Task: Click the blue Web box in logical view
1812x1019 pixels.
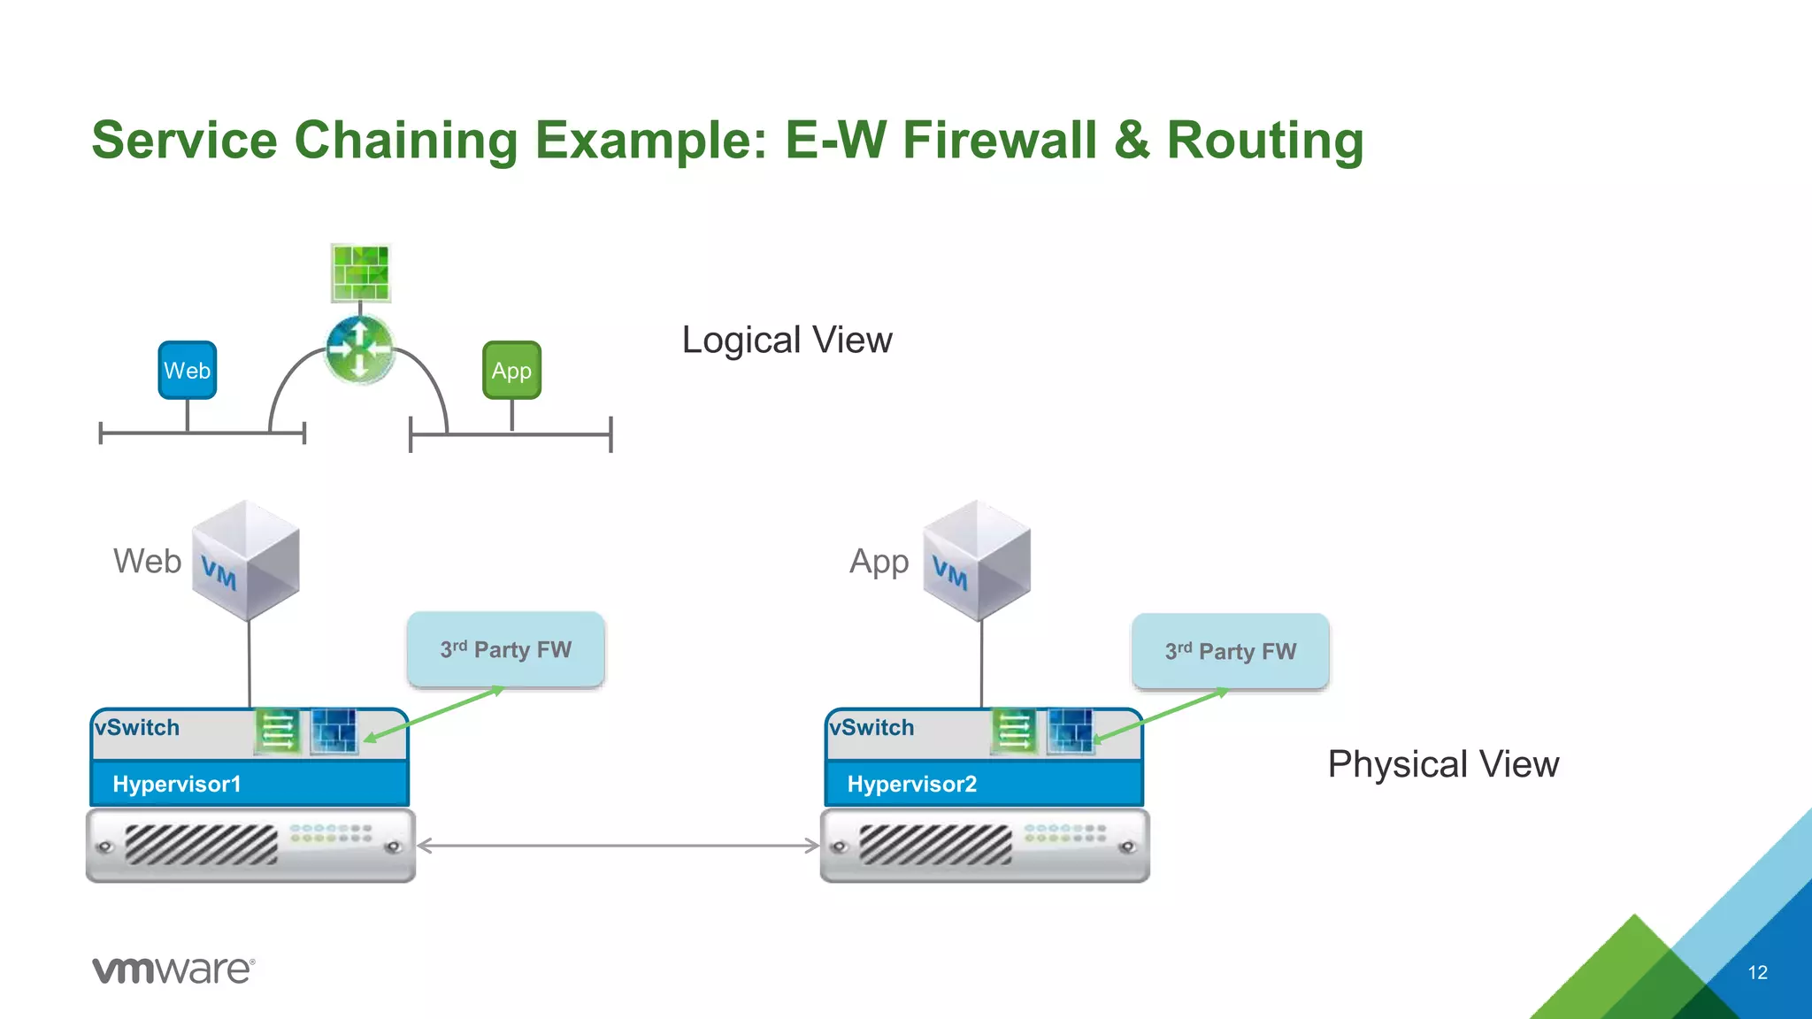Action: point(187,370)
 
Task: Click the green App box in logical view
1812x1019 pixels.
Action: point(511,370)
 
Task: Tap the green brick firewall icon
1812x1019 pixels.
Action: point(360,273)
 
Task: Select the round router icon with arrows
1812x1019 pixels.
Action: point(359,349)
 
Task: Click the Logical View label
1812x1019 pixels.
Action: point(787,340)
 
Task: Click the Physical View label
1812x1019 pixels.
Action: point(1443,763)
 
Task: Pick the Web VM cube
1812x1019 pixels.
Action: point(246,560)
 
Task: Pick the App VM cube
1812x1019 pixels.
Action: point(977,560)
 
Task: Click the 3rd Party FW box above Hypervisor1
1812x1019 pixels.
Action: point(505,649)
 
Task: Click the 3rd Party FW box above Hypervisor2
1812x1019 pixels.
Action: point(1230,651)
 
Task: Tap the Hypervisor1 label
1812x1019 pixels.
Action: point(177,784)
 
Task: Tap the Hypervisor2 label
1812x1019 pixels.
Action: point(911,784)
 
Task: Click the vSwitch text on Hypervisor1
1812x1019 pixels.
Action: point(137,727)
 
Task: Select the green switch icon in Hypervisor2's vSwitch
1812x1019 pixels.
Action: point(1013,732)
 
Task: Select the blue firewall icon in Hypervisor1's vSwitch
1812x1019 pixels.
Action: point(334,732)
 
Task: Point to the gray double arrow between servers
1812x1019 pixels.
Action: point(618,846)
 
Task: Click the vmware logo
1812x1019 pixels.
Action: point(173,969)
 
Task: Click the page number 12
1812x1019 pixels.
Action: point(1757,972)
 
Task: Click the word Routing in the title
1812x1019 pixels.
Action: point(1265,140)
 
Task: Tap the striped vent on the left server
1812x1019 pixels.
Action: point(201,844)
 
